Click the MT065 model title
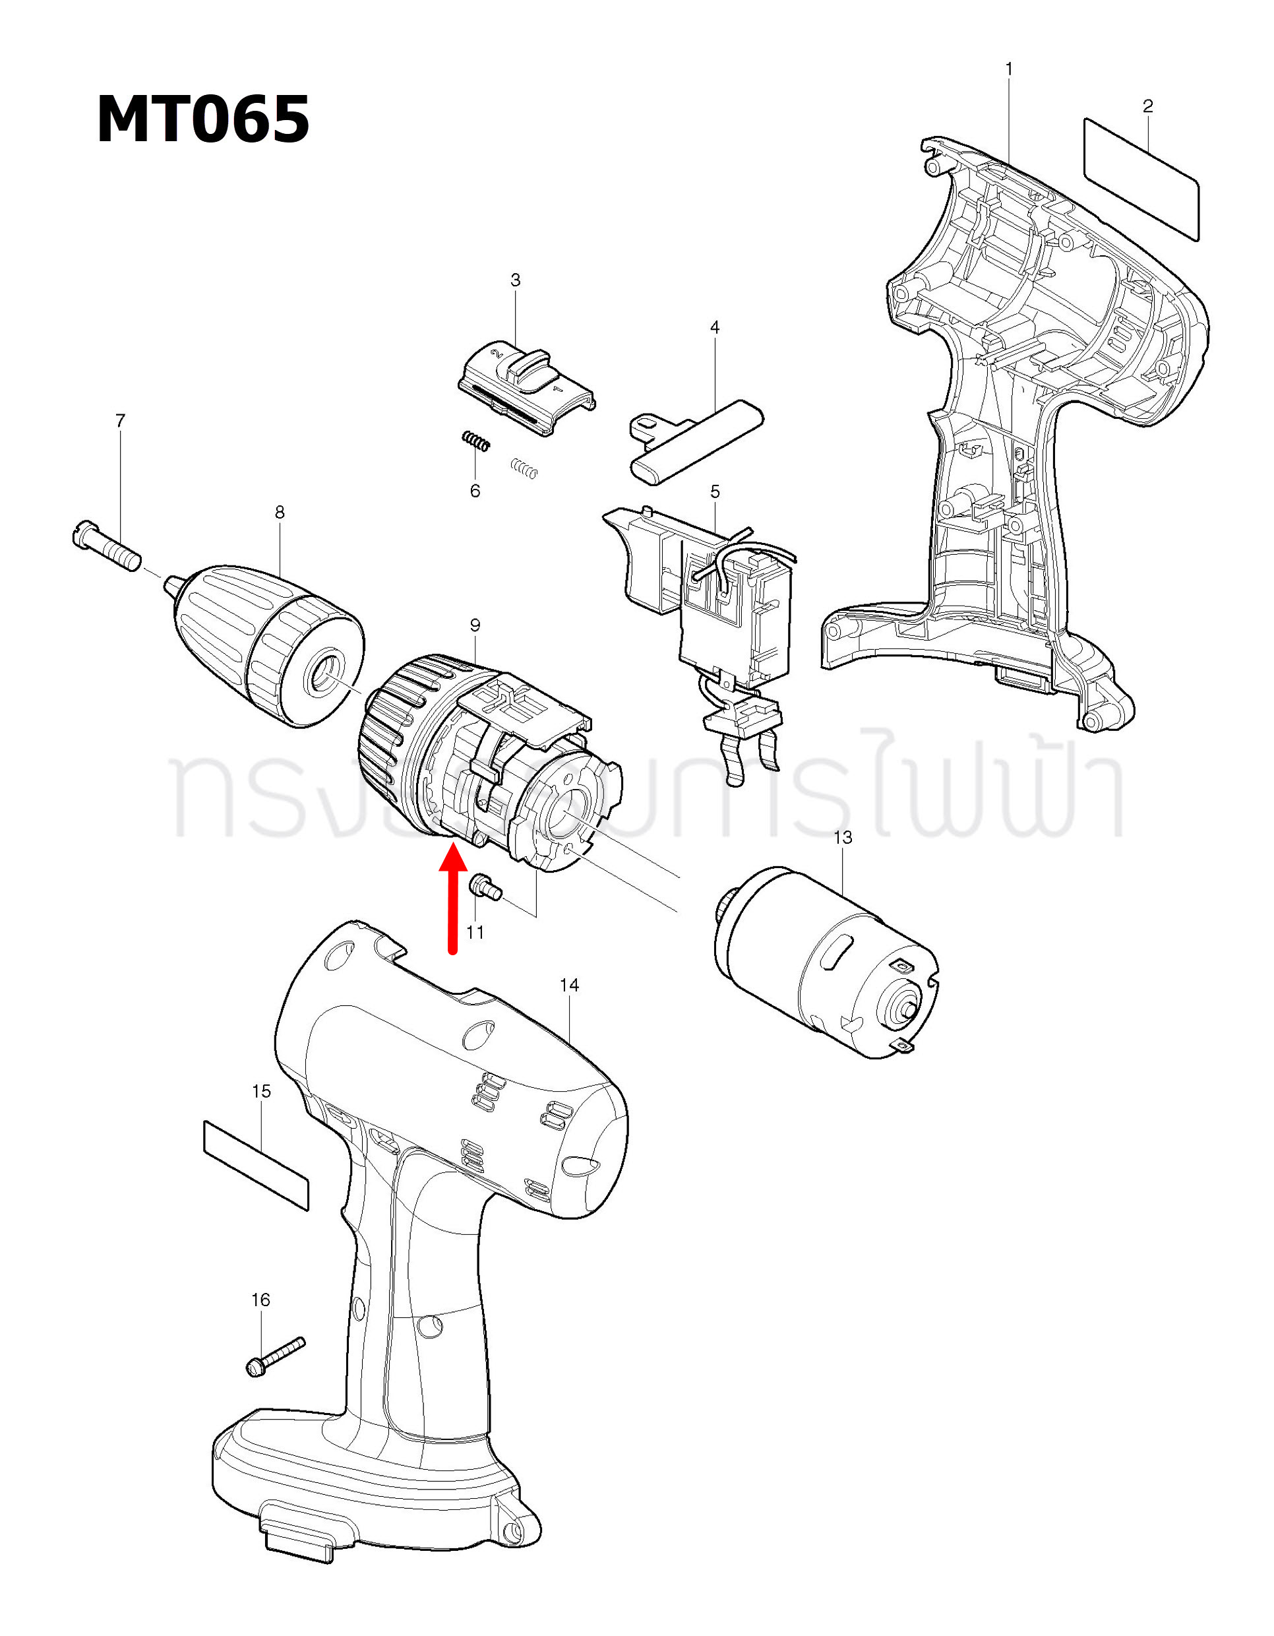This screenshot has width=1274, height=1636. pyautogui.click(x=203, y=119)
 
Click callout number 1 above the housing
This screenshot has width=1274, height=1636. pyautogui.click(x=1009, y=69)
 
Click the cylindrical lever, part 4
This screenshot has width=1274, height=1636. pyautogui.click(x=696, y=441)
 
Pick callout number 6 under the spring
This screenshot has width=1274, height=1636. pyautogui.click(x=475, y=491)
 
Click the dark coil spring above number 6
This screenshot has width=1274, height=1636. pyautogui.click(x=475, y=442)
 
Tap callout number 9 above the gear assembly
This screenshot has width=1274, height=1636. pyautogui.click(x=475, y=625)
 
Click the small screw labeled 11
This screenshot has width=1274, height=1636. pyautogui.click(x=485, y=889)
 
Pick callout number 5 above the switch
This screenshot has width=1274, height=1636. pyautogui.click(x=715, y=491)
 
